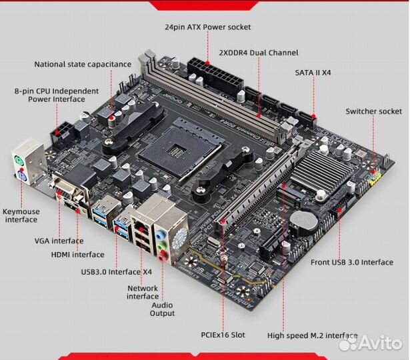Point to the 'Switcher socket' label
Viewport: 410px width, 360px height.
[x=373, y=111]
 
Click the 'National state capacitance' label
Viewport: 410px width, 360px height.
[x=83, y=64]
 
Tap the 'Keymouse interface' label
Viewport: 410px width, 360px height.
[x=21, y=215]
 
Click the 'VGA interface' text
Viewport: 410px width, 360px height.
[x=59, y=241]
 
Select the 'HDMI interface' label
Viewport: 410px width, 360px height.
[x=77, y=254]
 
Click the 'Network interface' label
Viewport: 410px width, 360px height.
[x=142, y=293]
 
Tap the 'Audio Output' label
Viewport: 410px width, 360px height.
[x=162, y=309]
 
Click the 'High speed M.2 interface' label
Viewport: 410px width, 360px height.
[x=312, y=336]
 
